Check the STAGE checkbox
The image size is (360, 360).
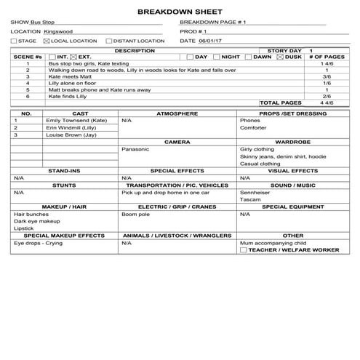(13, 41)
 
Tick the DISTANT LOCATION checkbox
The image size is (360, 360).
(108, 41)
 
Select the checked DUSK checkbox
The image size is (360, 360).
(280, 57)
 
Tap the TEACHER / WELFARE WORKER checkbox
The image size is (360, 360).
(243, 249)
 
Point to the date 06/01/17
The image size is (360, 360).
(209, 41)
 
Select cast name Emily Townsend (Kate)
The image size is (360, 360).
(76, 120)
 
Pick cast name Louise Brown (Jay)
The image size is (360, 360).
(72, 135)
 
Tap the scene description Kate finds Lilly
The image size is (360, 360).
(68, 96)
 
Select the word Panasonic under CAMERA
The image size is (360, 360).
(136, 149)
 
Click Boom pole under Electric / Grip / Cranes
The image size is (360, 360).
(135, 215)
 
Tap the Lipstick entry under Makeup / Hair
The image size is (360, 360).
(24, 229)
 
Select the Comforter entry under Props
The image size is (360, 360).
(253, 128)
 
